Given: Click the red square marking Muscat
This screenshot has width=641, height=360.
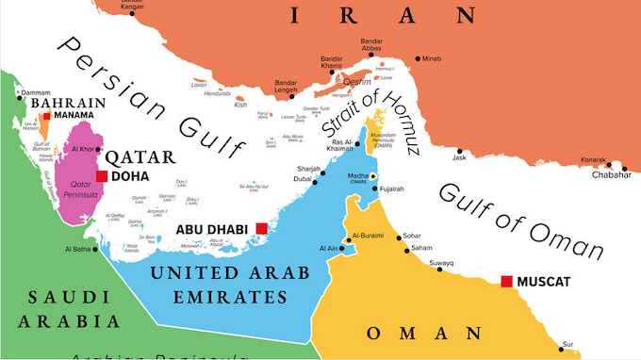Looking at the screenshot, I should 507,281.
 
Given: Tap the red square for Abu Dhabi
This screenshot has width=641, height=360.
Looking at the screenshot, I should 260,228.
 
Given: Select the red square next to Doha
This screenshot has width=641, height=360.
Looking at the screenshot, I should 102,176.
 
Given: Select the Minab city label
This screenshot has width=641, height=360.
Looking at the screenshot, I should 432,59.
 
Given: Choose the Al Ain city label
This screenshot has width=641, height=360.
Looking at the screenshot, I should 326,248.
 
